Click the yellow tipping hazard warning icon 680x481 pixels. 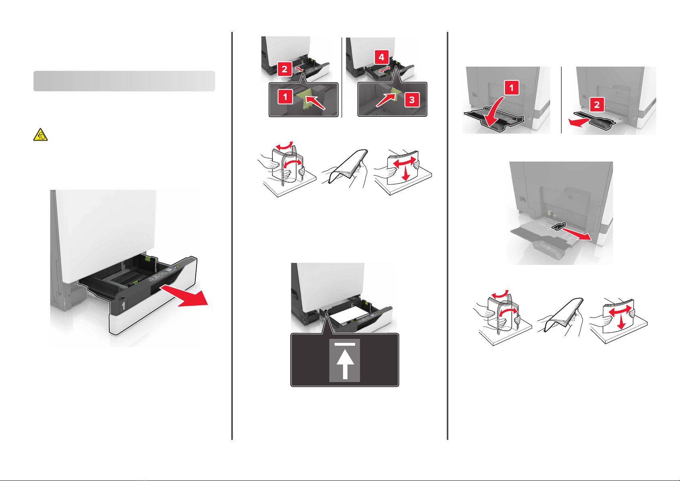(x=40, y=135)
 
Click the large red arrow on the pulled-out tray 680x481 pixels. (x=184, y=296)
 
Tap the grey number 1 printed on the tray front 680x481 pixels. (x=123, y=305)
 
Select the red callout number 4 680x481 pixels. (x=382, y=57)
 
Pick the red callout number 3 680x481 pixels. (x=412, y=100)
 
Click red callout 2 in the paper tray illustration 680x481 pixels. (x=285, y=69)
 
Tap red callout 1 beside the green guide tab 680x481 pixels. (x=285, y=97)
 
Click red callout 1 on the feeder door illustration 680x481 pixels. (x=512, y=88)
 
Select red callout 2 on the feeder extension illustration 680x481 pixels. (x=597, y=105)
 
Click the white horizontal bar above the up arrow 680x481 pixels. (x=345, y=344)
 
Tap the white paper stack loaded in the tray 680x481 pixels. (x=350, y=315)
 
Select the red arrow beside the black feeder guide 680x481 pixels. (x=577, y=235)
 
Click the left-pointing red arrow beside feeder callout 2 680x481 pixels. (x=580, y=122)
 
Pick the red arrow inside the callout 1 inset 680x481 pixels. (x=316, y=103)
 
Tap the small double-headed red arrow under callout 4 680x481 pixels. (x=385, y=69)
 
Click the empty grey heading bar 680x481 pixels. (x=124, y=81)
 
